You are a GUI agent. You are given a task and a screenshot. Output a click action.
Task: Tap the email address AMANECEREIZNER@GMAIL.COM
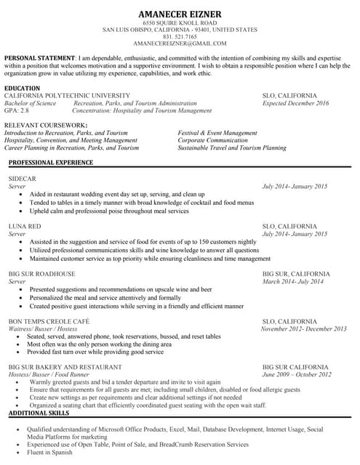pyautogui.click(x=180, y=44)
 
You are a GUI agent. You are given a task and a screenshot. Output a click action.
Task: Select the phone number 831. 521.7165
pyautogui.click(x=180, y=37)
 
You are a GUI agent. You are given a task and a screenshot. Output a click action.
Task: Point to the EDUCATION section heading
pyautogui.click(x=23, y=88)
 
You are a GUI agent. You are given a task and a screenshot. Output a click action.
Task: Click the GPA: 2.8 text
pyautogui.click(x=17, y=110)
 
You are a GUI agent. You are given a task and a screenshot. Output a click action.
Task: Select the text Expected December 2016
pyautogui.click(x=295, y=103)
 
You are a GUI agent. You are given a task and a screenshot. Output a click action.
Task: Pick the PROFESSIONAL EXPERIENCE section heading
pyautogui.click(x=51, y=162)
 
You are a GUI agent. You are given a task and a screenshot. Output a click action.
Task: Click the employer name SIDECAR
pyautogui.click(x=22, y=179)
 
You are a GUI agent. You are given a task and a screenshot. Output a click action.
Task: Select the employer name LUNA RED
pyautogui.click(x=24, y=227)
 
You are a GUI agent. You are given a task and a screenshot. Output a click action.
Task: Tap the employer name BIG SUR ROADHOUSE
pyautogui.click(x=41, y=274)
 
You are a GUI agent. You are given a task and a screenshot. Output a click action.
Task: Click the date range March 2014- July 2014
pyautogui.click(x=293, y=281)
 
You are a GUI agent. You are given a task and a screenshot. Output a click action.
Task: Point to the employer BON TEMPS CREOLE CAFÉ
pyautogui.click(x=49, y=321)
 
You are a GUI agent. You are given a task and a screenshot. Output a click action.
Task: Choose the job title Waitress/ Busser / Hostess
pyautogui.click(x=42, y=329)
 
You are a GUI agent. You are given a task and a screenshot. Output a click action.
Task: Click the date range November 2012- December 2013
pyautogui.click(x=303, y=329)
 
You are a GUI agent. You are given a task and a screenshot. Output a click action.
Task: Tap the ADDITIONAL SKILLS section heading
pyautogui.click(x=38, y=413)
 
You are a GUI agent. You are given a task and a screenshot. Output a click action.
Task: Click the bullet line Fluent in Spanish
pyautogui.click(x=51, y=452)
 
